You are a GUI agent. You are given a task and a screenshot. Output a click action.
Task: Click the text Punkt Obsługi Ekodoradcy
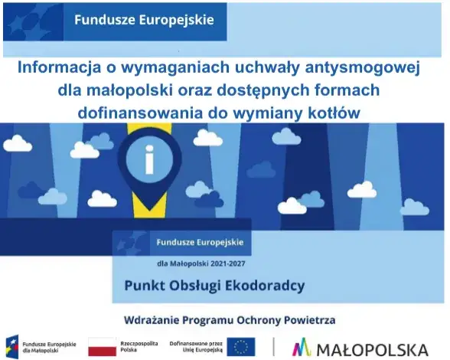pyautogui.click(x=214, y=286)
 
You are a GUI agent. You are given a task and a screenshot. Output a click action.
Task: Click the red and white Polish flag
pyautogui.click(x=101, y=346)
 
